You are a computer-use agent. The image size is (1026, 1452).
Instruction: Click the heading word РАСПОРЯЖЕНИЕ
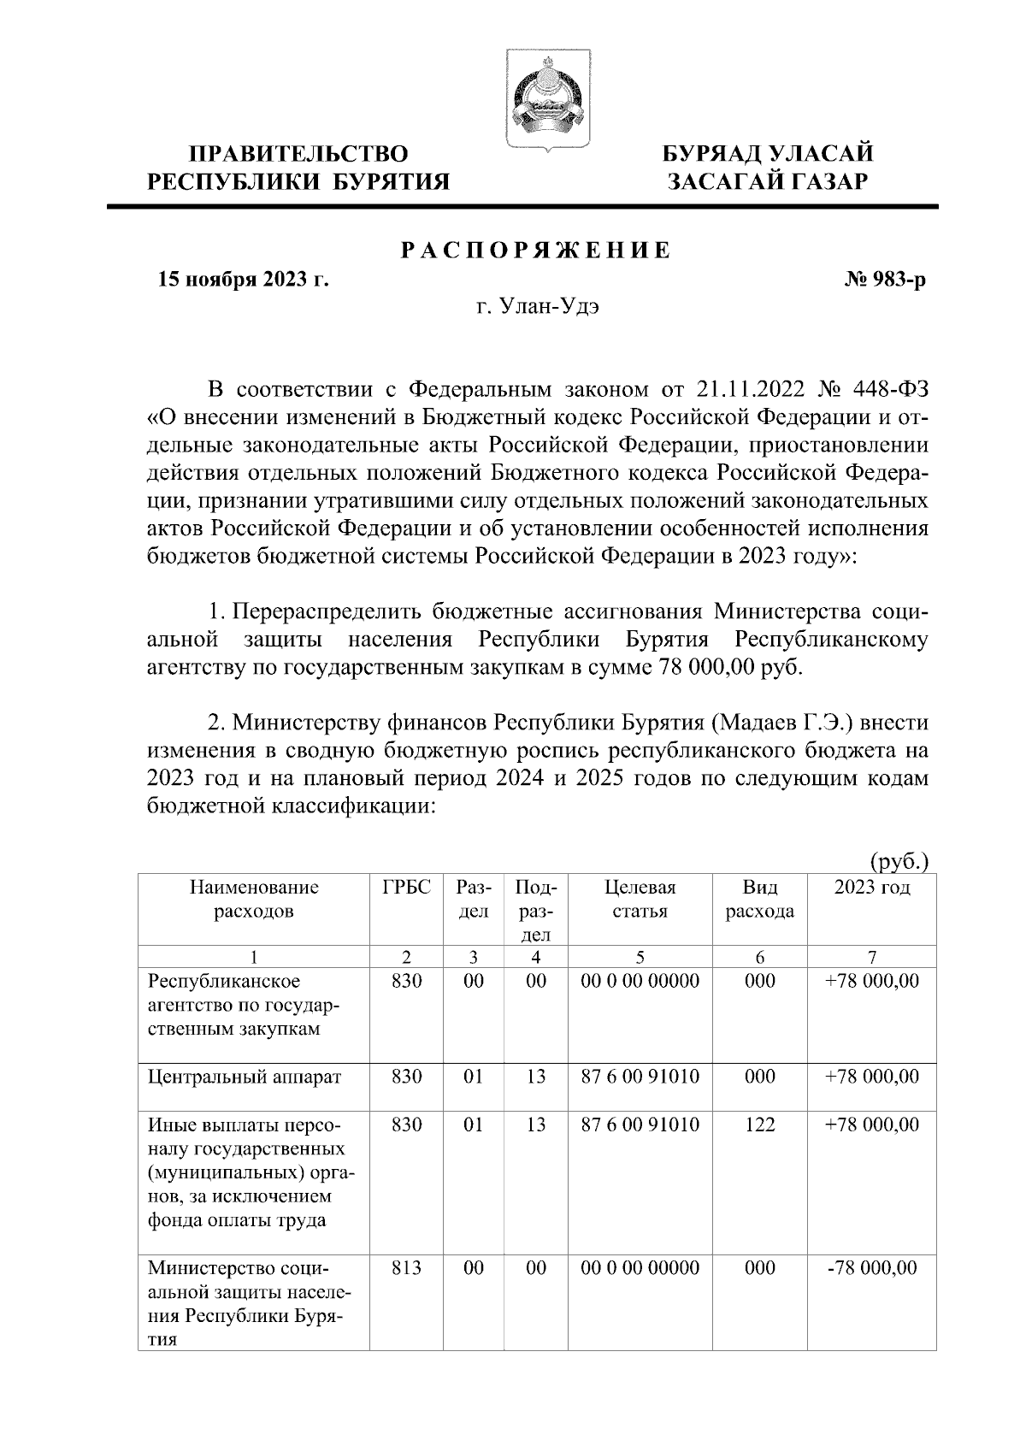(536, 250)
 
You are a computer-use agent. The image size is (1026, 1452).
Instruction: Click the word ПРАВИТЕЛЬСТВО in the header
(298, 154)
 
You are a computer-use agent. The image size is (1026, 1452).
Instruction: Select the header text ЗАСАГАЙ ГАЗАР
(769, 181)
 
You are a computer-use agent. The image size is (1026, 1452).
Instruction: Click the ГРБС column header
(406, 887)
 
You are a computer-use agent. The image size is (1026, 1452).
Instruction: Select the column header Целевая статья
(640, 899)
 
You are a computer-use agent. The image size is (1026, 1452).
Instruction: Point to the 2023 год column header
(872, 887)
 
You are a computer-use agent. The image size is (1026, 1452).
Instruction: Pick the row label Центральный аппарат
(245, 1077)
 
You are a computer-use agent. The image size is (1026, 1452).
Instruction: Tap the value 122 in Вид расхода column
(759, 1124)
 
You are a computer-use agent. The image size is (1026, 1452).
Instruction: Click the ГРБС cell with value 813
(406, 1268)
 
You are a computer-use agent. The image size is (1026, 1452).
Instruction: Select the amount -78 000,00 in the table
(872, 1268)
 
